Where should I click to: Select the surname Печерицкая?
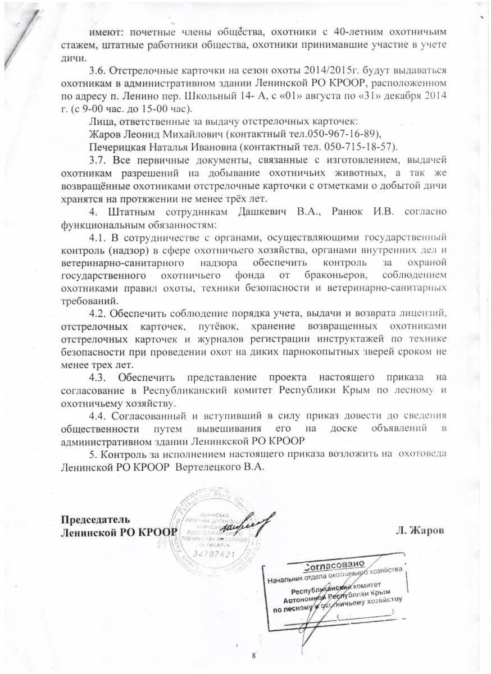pyautogui.click(x=117, y=147)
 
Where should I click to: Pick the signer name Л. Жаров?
pyautogui.click(x=421, y=531)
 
